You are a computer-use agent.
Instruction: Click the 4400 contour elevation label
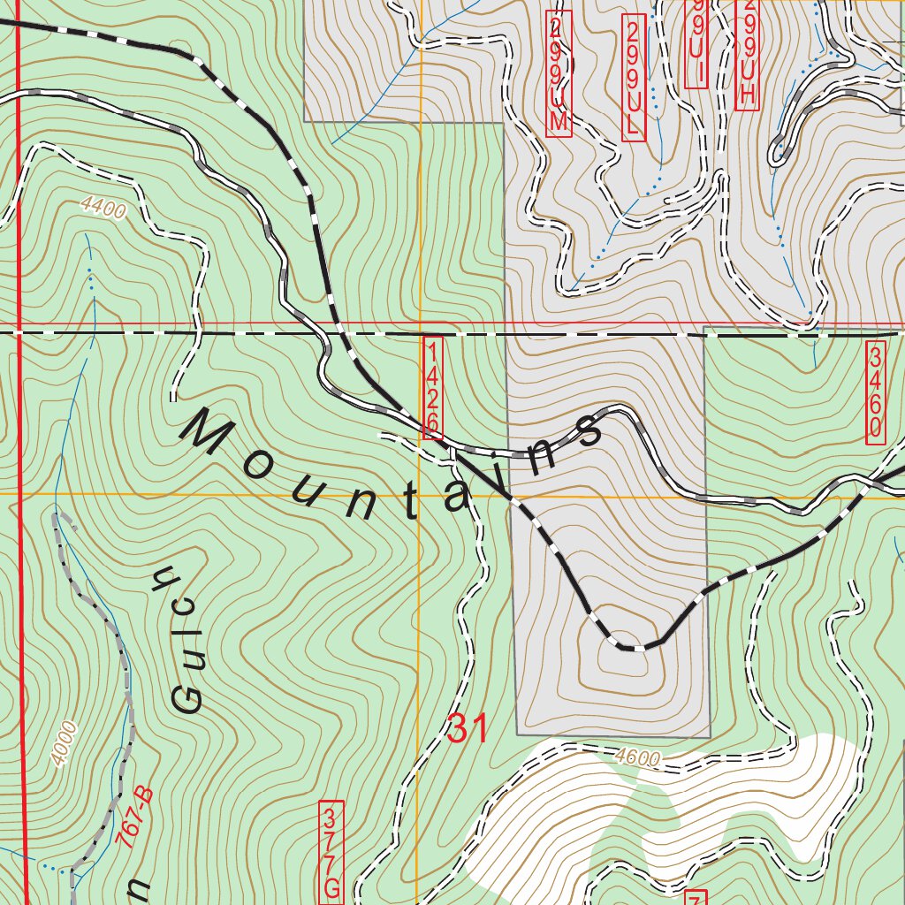click(103, 208)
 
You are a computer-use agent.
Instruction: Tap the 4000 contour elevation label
click(64, 743)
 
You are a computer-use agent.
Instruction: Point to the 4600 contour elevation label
click(635, 757)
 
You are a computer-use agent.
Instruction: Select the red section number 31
click(468, 729)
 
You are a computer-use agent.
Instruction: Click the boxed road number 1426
click(432, 387)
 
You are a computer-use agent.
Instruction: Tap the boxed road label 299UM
click(558, 73)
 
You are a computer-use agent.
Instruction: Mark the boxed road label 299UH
click(747, 53)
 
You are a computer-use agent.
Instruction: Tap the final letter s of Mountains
click(587, 430)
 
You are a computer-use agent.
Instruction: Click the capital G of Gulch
click(187, 698)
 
